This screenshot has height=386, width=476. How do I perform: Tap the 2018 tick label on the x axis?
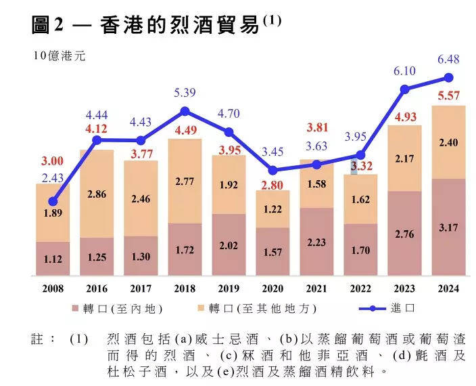pyautogui.click(x=185, y=289)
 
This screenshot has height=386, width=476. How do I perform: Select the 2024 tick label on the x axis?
pyautogui.click(x=448, y=289)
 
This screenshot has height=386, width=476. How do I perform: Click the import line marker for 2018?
pyautogui.click(x=185, y=111)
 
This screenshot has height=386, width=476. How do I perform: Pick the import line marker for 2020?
pyautogui.click(x=273, y=171)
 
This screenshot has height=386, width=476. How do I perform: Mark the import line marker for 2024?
pyautogui.click(x=448, y=78)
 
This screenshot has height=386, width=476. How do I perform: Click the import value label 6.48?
pyautogui.click(x=448, y=60)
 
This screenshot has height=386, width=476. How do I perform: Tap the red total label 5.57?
pyautogui.click(x=448, y=96)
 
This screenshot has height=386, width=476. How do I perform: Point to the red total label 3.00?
pyautogui.click(x=52, y=161)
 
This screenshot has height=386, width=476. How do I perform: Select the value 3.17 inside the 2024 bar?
pyautogui.click(x=448, y=228)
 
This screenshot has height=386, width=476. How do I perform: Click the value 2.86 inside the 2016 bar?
pyautogui.click(x=97, y=194)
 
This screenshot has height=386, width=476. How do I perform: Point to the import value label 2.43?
pyautogui.click(x=52, y=177)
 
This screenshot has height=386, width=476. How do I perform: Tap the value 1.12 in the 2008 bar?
pyautogui.click(x=53, y=258)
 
